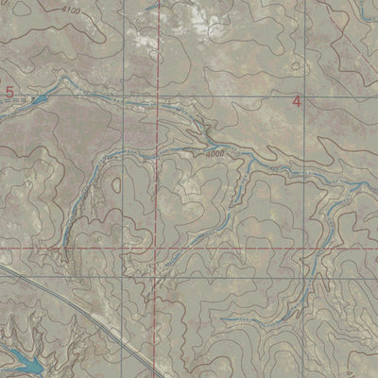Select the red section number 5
[x=10, y=91]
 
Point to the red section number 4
[x=297, y=100]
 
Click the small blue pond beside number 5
[x=38, y=98]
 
